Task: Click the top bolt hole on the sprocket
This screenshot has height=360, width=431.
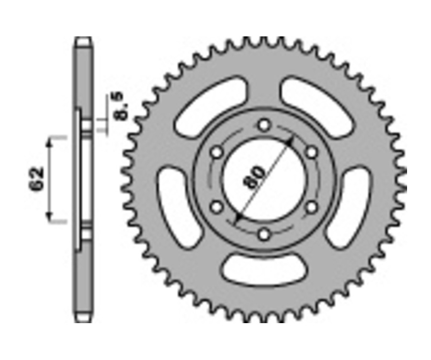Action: point(263,125)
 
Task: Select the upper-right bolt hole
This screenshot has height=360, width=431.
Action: point(311,153)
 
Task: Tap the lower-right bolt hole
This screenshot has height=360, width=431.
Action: point(311,207)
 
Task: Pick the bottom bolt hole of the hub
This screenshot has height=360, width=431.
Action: point(263,235)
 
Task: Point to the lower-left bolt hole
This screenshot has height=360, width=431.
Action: point(216,207)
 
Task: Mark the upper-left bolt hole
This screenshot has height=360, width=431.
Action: point(216,153)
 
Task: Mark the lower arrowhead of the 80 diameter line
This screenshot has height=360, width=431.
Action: point(237,218)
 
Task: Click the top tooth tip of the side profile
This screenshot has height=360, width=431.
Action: point(83,40)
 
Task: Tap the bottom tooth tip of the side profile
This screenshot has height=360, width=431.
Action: point(83,319)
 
